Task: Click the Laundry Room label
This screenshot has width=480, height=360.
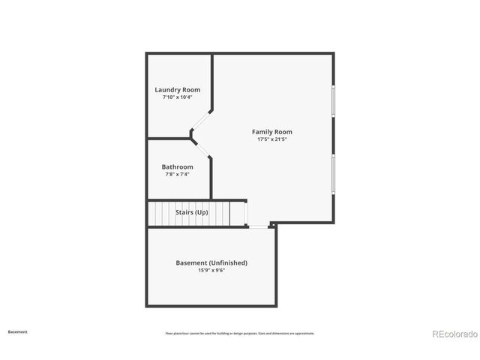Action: click(177, 90)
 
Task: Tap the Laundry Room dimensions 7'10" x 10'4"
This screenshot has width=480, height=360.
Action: click(177, 97)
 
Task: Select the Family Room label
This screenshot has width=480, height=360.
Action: click(271, 132)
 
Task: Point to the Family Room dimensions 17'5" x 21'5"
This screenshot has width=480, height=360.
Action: click(271, 139)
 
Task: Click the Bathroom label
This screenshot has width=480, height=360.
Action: click(177, 166)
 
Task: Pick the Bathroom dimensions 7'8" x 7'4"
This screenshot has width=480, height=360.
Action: click(177, 174)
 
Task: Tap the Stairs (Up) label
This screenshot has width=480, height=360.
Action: click(192, 212)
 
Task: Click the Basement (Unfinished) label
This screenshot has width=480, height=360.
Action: click(211, 263)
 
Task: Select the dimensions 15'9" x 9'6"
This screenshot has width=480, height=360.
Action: click(211, 271)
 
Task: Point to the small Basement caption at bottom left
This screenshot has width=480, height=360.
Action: click(18, 331)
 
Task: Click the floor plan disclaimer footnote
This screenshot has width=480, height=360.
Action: click(240, 333)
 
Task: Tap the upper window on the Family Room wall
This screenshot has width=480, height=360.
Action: click(333, 102)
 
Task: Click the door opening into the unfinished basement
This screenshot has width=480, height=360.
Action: click(257, 226)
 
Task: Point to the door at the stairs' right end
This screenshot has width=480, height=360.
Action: click(246, 214)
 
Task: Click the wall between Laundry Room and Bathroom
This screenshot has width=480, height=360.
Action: click(169, 139)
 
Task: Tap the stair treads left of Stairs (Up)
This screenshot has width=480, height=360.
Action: click(160, 213)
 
